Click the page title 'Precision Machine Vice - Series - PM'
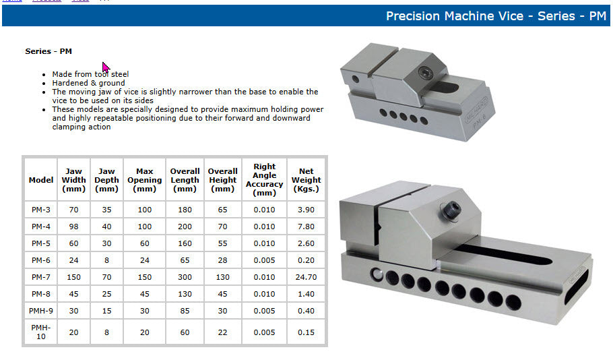(x=496, y=16)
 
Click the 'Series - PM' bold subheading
(x=49, y=51)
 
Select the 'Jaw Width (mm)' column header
(x=73, y=180)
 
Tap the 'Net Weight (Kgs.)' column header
(x=306, y=180)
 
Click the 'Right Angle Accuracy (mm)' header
(x=264, y=180)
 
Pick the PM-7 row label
(x=40, y=277)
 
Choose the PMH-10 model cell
(x=40, y=332)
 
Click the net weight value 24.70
(x=306, y=277)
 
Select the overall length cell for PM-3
(x=185, y=210)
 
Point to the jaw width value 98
(x=73, y=227)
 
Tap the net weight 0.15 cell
(x=306, y=332)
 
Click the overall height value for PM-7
(x=222, y=277)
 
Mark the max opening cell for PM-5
(x=144, y=243)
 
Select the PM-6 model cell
(x=40, y=260)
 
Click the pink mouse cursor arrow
(x=106, y=67)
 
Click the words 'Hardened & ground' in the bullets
(x=88, y=83)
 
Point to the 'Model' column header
(x=40, y=180)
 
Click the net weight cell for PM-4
(x=306, y=227)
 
